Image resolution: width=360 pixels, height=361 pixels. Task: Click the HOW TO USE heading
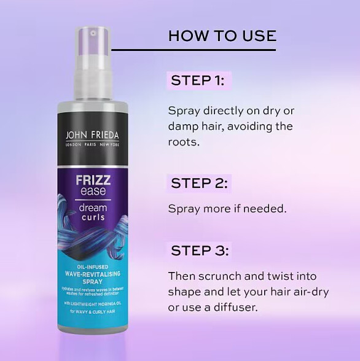(222, 35)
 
